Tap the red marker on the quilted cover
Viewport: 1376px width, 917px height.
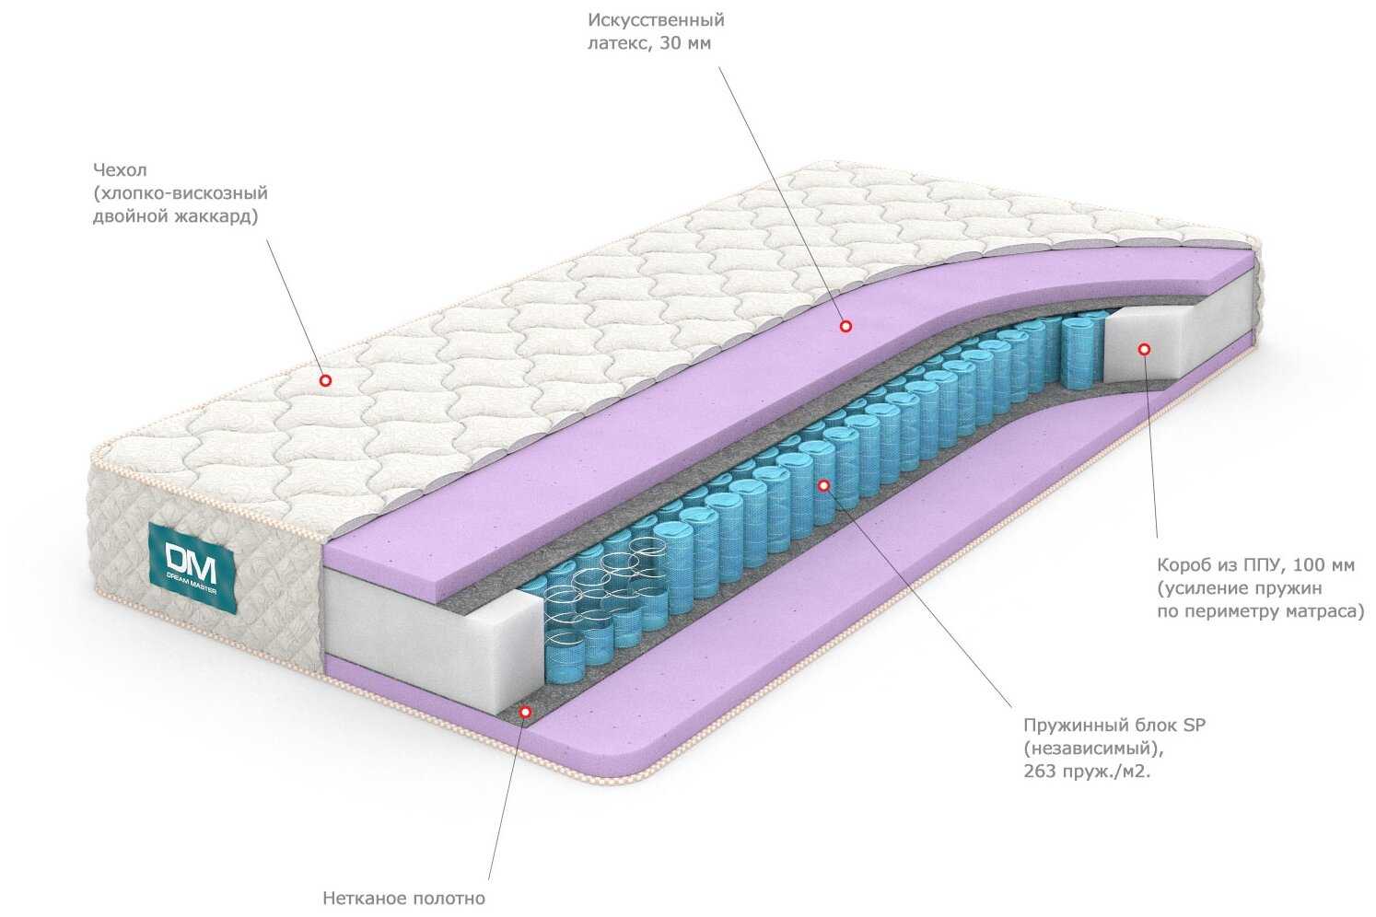point(325,381)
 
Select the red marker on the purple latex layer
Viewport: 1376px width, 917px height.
point(845,326)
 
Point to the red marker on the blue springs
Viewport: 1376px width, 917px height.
point(823,485)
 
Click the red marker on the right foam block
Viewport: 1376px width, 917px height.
point(1144,349)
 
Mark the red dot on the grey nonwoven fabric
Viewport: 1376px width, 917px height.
point(525,712)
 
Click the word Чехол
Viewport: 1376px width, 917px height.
point(120,169)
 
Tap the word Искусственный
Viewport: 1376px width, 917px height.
point(656,20)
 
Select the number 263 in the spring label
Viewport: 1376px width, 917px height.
point(1040,772)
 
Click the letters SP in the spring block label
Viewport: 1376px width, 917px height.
point(1195,725)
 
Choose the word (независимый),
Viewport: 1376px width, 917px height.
point(1093,749)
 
